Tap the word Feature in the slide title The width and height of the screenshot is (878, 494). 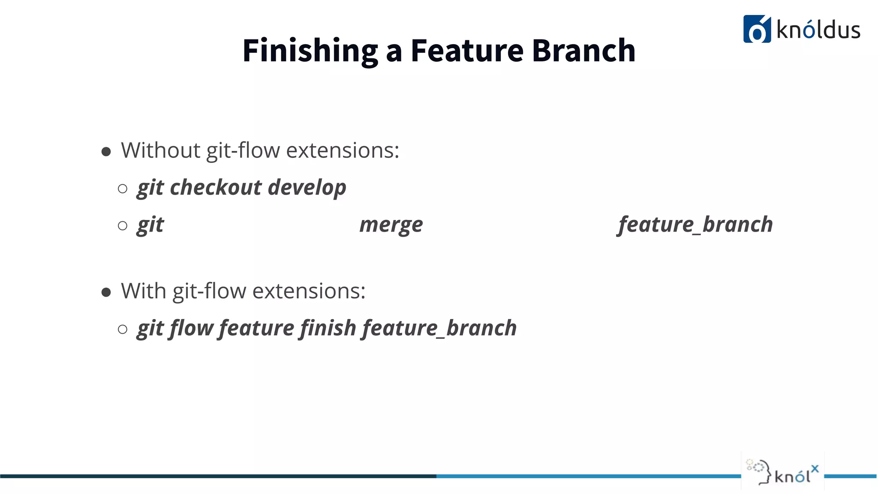click(x=467, y=51)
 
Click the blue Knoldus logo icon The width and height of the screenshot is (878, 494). click(x=757, y=29)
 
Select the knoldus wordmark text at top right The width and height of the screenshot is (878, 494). click(x=818, y=30)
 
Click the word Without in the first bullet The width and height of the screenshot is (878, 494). click(x=161, y=151)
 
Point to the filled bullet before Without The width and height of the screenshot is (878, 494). click(x=106, y=151)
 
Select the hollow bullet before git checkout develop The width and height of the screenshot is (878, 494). click(x=123, y=189)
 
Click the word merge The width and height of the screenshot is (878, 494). click(x=391, y=225)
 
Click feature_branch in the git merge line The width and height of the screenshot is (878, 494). click(x=695, y=225)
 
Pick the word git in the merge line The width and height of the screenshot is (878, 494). click(x=150, y=225)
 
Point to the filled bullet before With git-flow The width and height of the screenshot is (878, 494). click(x=106, y=292)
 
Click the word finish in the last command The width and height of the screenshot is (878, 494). click(x=328, y=328)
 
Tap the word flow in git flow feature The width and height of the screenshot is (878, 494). click(x=191, y=328)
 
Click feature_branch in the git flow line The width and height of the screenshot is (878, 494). click(x=439, y=328)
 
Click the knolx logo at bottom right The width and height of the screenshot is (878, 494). click(x=782, y=471)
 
